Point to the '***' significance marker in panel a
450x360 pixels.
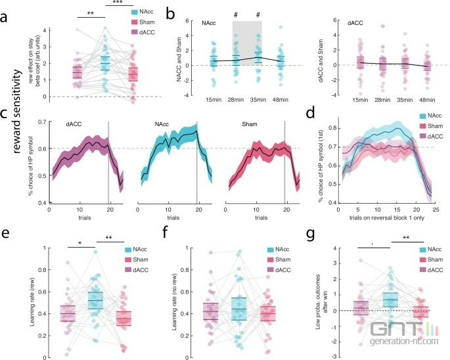[118, 5]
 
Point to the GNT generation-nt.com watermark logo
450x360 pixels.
[407, 335]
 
